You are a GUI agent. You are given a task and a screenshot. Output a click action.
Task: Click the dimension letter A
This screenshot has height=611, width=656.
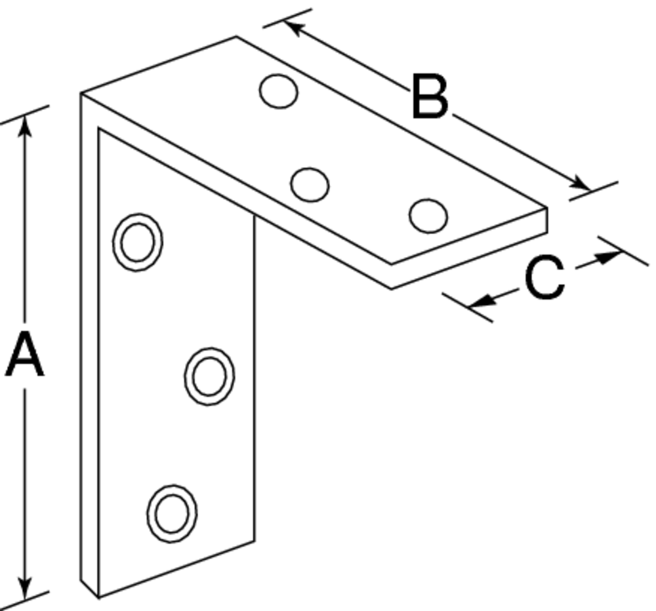pyautogui.click(x=24, y=355)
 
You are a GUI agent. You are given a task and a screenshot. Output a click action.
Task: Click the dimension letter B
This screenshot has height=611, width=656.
pyautogui.click(x=430, y=98)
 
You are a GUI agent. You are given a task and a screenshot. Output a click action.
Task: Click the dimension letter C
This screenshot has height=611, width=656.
pyautogui.click(x=544, y=278)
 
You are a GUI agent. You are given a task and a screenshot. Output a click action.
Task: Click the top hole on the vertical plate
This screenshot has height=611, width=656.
pyautogui.click(x=138, y=242)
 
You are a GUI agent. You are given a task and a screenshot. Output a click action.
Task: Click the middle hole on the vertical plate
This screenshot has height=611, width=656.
pyautogui.click(x=209, y=376)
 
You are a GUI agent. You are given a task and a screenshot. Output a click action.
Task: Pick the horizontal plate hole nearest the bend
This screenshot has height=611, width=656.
pyautogui.click(x=278, y=90)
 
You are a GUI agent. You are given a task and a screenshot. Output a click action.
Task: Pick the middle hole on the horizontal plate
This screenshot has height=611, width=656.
pyautogui.click(x=309, y=184)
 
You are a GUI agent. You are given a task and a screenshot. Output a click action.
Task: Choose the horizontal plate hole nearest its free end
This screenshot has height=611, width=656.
pyautogui.click(x=428, y=215)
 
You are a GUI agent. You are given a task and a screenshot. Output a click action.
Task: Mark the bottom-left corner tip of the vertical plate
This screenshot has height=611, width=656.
pyautogui.click(x=98, y=597)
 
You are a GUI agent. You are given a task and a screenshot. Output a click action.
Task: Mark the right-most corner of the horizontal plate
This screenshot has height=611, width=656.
pyautogui.click(x=546, y=210)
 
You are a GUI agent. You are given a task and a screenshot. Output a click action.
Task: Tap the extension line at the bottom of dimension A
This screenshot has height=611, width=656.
pyautogui.click(x=26, y=595)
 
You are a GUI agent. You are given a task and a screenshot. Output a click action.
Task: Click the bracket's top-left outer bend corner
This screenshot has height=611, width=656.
pyautogui.click(x=81, y=94)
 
